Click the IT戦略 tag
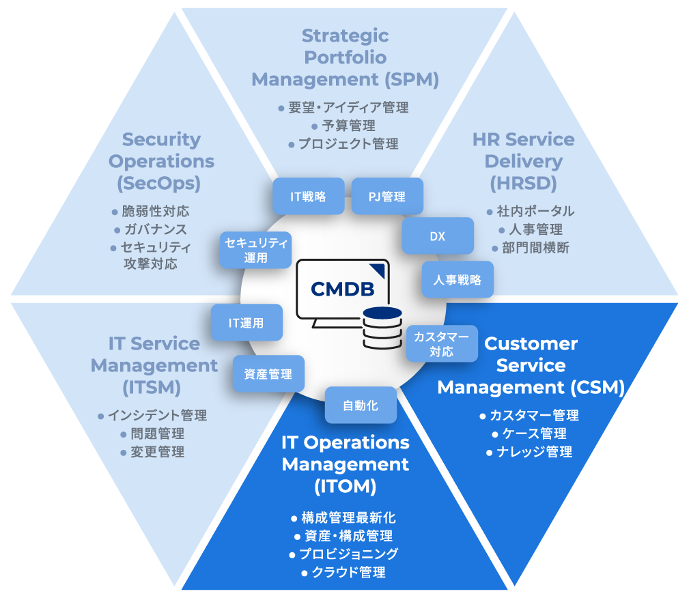pos(308,197)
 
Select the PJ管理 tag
pos(387,197)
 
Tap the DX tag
pos(438,236)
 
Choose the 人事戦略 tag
pos(458,279)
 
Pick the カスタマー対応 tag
pos(441,343)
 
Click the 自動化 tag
pos(361,405)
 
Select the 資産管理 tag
pos(268,373)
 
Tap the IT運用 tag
pos(247,323)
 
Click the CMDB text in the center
pos(342,289)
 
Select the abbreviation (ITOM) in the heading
pos(346,486)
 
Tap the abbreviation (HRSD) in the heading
pos(523,183)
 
